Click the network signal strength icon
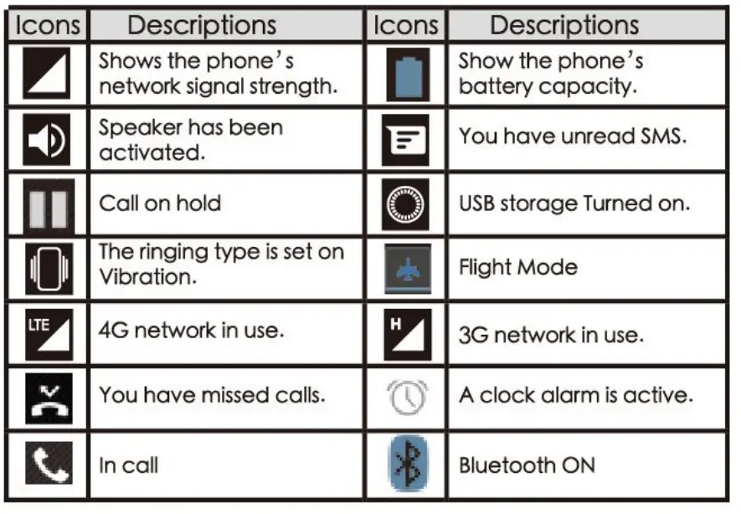click(47, 74)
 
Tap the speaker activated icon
click(47, 140)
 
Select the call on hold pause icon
click(47, 203)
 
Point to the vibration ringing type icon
click(47, 268)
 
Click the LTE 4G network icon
click(47, 332)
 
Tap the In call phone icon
click(47, 464)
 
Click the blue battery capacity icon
click(407, 74)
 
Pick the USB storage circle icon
click(406, 203)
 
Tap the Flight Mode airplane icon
click(407, 268)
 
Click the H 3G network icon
click(407, 332)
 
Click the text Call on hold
click(160, 203)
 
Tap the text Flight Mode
click(518, 268)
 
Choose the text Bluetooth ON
click(527, 465)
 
